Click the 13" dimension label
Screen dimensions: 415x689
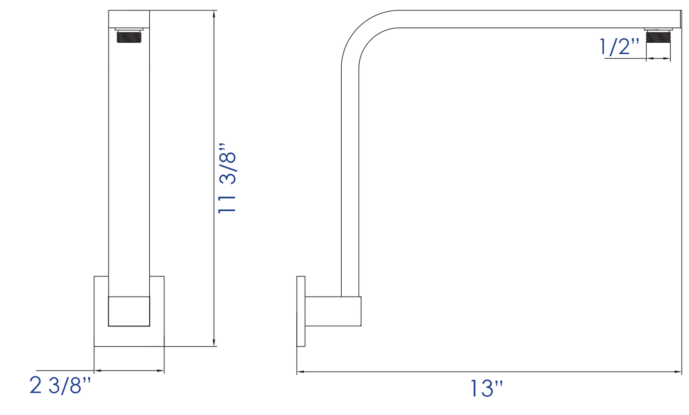486,389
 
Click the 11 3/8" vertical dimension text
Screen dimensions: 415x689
227,178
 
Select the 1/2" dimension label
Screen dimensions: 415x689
619,47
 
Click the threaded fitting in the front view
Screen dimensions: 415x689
129,36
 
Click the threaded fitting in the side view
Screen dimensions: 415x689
658,36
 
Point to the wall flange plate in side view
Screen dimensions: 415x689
301,311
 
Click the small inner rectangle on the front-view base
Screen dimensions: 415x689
129,311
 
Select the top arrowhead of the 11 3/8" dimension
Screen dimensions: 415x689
214,14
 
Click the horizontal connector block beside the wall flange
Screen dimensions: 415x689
333,311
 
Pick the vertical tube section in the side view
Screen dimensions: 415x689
350,184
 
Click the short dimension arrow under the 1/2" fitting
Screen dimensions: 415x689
658,58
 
